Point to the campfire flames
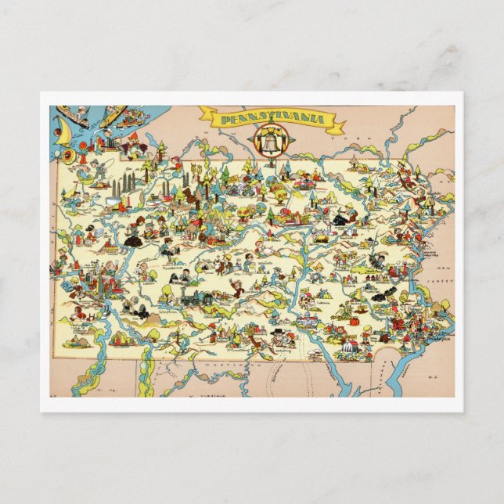(321, 232)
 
